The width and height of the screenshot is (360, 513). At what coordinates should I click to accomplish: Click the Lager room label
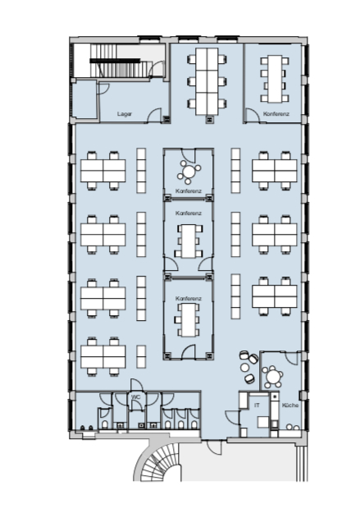[x=125, y=114]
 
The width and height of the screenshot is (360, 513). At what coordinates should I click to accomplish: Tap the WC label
[x=135, y=396]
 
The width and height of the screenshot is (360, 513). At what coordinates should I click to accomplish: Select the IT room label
[x=257, y=405]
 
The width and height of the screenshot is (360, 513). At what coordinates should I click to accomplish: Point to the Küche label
[x=290, y=405]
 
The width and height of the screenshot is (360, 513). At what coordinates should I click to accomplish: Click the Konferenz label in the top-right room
[x=276, y=114]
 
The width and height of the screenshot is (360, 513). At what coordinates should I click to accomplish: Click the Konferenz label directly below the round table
[x=189, y=190]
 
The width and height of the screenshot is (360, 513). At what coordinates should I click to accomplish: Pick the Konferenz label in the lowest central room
[x=189, y=299]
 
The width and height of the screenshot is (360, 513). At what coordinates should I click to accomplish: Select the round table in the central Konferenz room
[x=189, y=171]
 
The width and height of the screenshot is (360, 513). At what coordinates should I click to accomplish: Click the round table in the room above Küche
[x=272, y=377]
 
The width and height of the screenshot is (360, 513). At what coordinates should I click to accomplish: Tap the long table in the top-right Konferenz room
[x=275, y=79]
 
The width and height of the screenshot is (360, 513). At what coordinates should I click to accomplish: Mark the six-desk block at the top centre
[x=207, y=81]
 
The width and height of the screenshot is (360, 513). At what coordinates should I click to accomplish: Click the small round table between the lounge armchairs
[x=244, y=368]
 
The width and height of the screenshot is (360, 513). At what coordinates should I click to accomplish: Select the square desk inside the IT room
[x=263, y=422]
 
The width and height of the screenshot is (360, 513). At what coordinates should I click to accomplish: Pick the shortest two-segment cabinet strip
[x=141, y=356]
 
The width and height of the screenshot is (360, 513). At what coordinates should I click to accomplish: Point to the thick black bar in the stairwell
[x=115, y=61]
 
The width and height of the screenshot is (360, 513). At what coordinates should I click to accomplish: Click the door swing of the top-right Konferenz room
[x=252, y=116]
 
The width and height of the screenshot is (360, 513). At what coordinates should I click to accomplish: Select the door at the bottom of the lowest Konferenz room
[x=188, y=352]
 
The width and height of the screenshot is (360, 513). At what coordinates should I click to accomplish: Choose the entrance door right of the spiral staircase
[x=215, y=447]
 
